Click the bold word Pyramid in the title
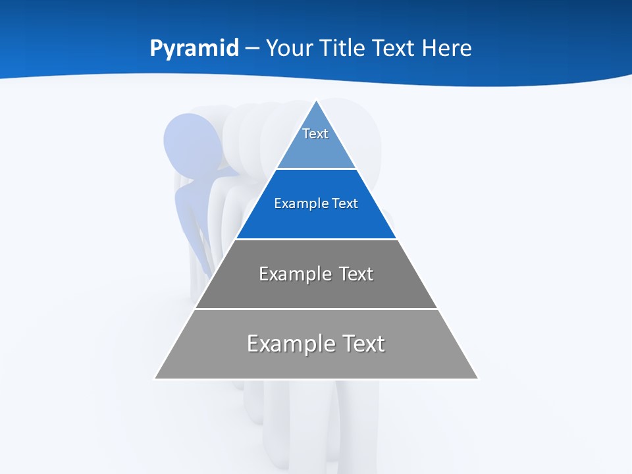[194, 48]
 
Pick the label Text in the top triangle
[315, 134]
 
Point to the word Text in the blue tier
[346, 204]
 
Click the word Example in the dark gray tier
[289, 274]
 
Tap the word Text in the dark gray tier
[357, 274]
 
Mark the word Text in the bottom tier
[363, 344]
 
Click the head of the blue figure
[192, 142]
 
